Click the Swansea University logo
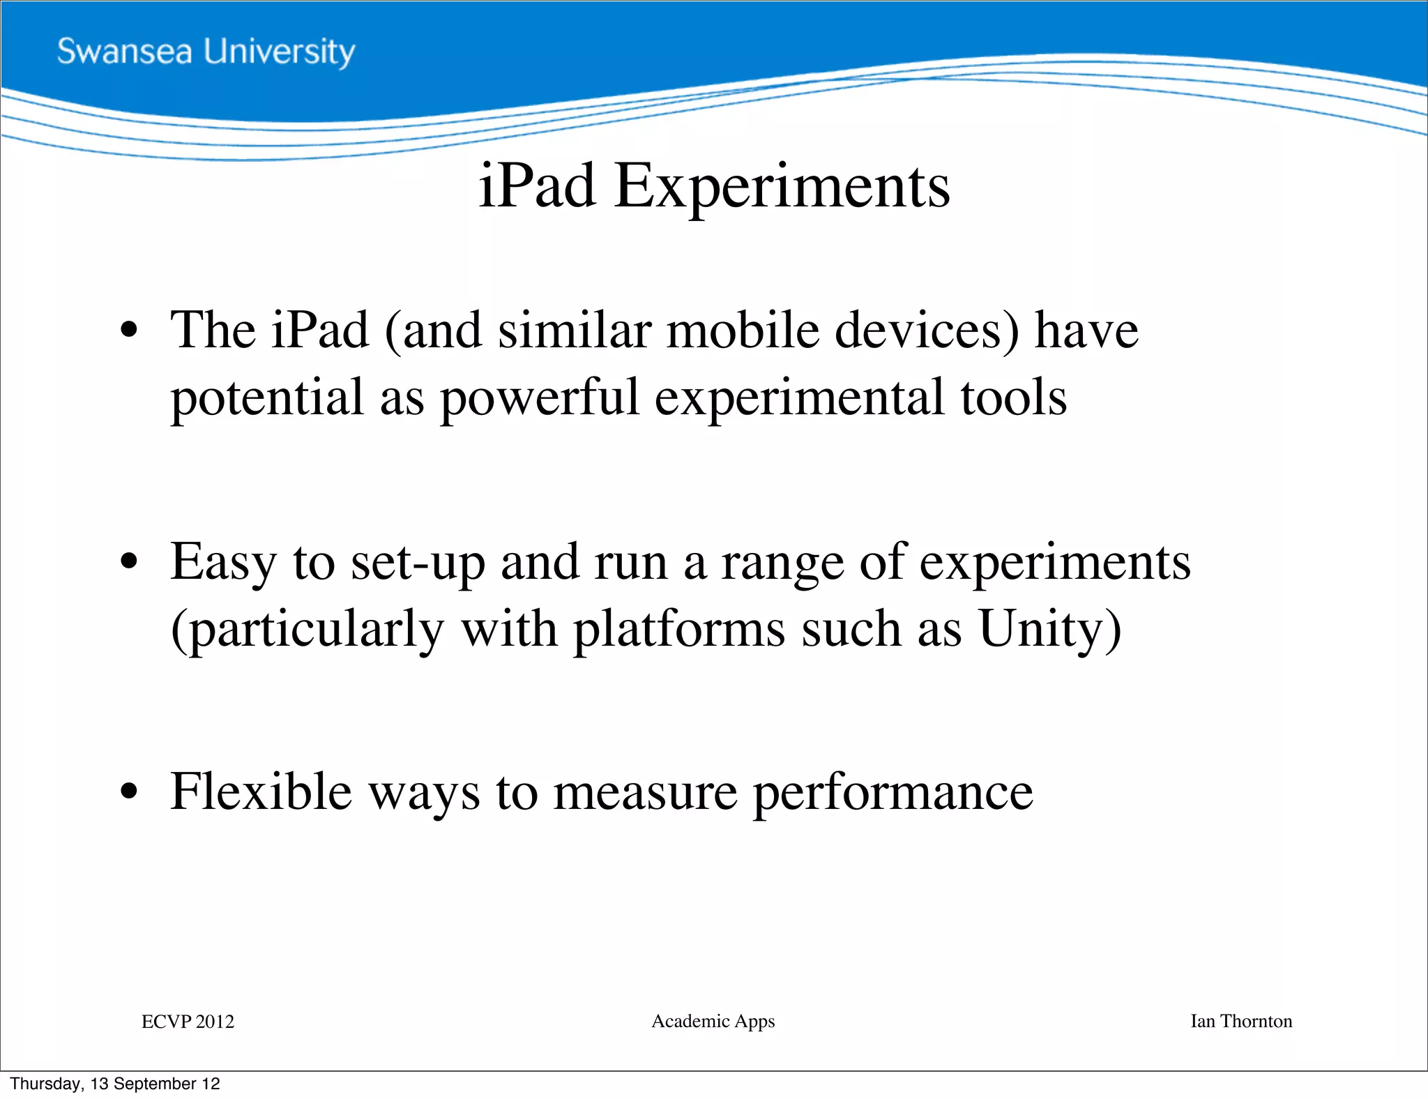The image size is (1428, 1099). coord(206,52)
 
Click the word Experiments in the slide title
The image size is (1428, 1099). coord(782,186)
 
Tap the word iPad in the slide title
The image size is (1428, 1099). coord(537,186)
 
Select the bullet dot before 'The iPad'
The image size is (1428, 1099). coord(129,329)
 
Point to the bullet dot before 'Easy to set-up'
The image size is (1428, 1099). coord(129,561)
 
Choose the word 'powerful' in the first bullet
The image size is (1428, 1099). coord(540,397)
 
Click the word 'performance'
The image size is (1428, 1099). coord(893,793)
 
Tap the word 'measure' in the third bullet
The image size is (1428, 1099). coord(645,793)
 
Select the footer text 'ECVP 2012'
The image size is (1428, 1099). coord(188,1022)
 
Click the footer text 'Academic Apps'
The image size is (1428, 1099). coord(713,1022)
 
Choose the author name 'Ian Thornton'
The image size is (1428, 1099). coord(1240,1022)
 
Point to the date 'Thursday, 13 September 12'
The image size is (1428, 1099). coord(115,1084)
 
